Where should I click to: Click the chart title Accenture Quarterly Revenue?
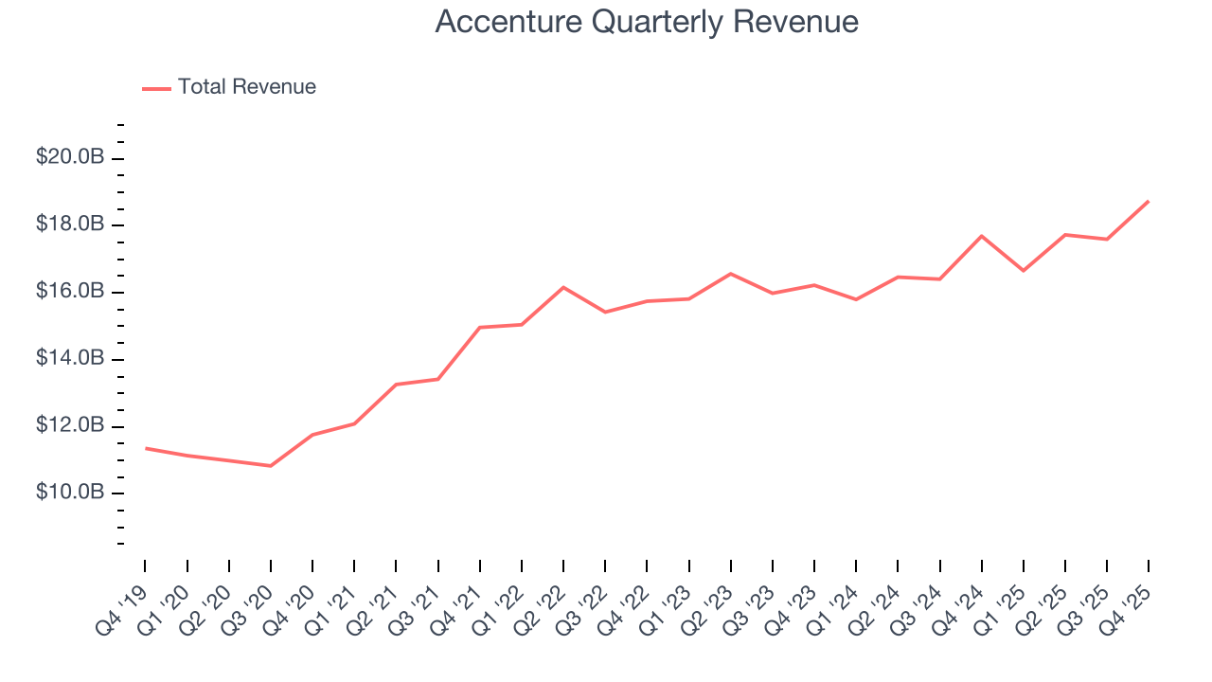[647, 22]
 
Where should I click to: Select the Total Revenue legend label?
[246, 87]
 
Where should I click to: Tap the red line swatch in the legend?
[156, 88]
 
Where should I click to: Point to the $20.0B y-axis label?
[69, 157]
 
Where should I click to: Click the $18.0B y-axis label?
[69, 224]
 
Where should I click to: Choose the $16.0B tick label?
[69, 292]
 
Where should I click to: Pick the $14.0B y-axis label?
[69, 359]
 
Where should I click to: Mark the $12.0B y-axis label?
[69, 426]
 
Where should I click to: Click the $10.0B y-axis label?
[69, 494]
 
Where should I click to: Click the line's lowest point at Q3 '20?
[271, 466]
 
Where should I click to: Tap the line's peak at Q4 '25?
[1149, 201]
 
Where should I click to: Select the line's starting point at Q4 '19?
[145, 448]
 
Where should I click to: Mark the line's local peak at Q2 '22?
[563, 287]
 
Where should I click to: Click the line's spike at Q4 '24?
[982, 236]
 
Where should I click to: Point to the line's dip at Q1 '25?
[1024, 271]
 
